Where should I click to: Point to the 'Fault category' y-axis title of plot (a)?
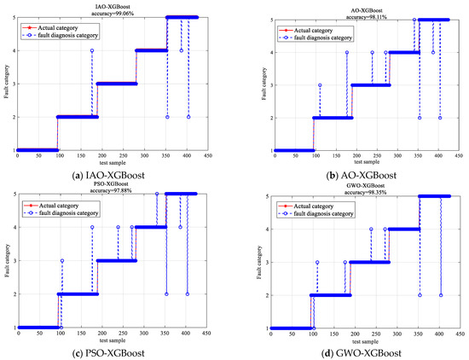click(5, 84)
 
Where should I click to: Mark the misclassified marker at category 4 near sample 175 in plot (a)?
click(92, 51)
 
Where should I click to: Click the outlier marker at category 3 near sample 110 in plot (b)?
click(320, 84)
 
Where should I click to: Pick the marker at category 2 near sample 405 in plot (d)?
click(441, 295)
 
